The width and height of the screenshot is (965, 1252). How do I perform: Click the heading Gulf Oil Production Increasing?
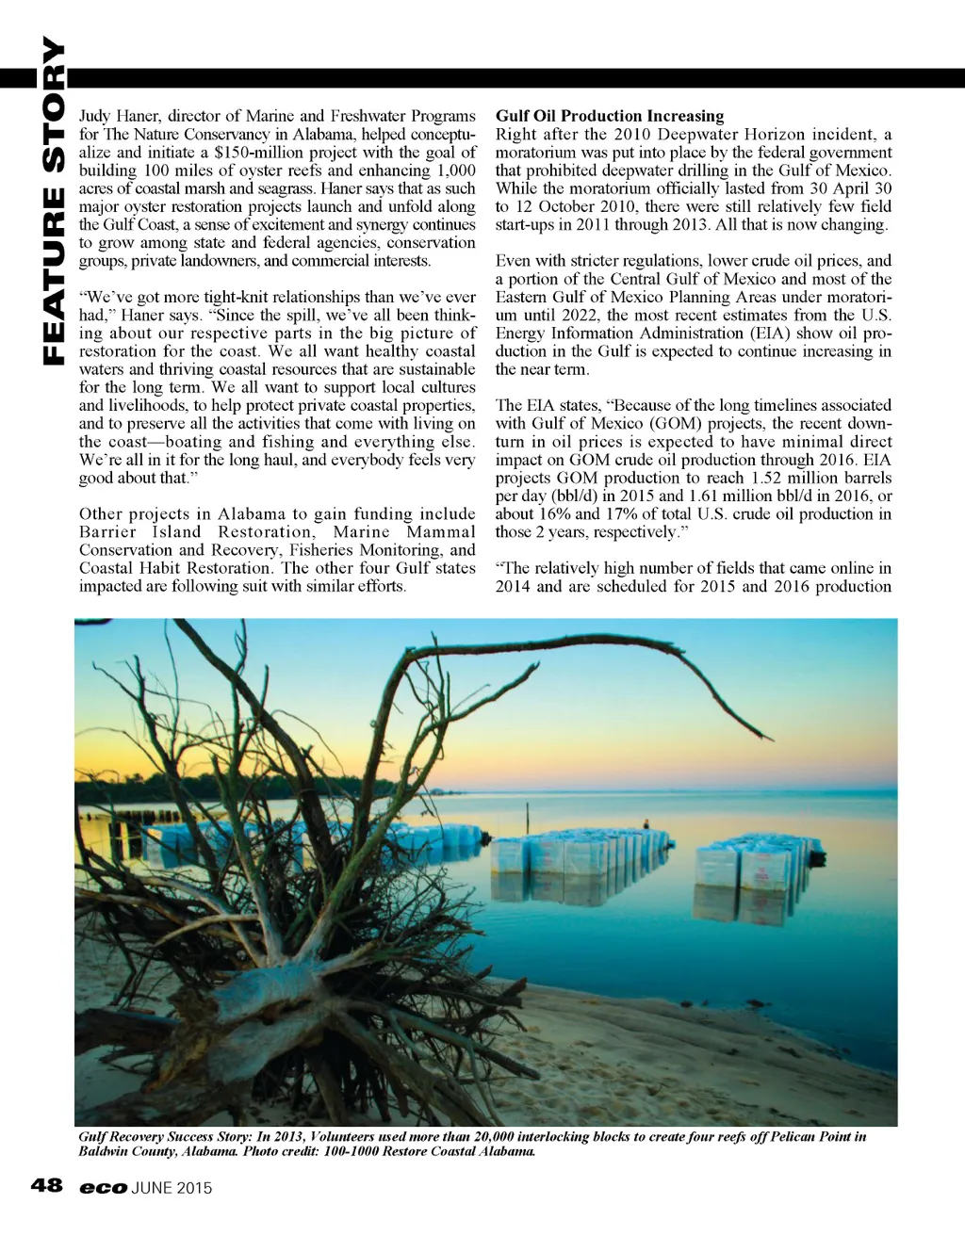coord(610,116)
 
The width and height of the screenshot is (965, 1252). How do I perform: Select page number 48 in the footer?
coord(46,1185)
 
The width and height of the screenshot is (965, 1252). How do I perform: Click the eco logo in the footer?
coord(103,1188)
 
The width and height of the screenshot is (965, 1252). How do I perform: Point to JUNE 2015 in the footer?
coord(172,1188)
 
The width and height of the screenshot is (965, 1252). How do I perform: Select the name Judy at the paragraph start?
coord(94,116)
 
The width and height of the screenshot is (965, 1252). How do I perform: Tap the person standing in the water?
coord(646,827)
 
